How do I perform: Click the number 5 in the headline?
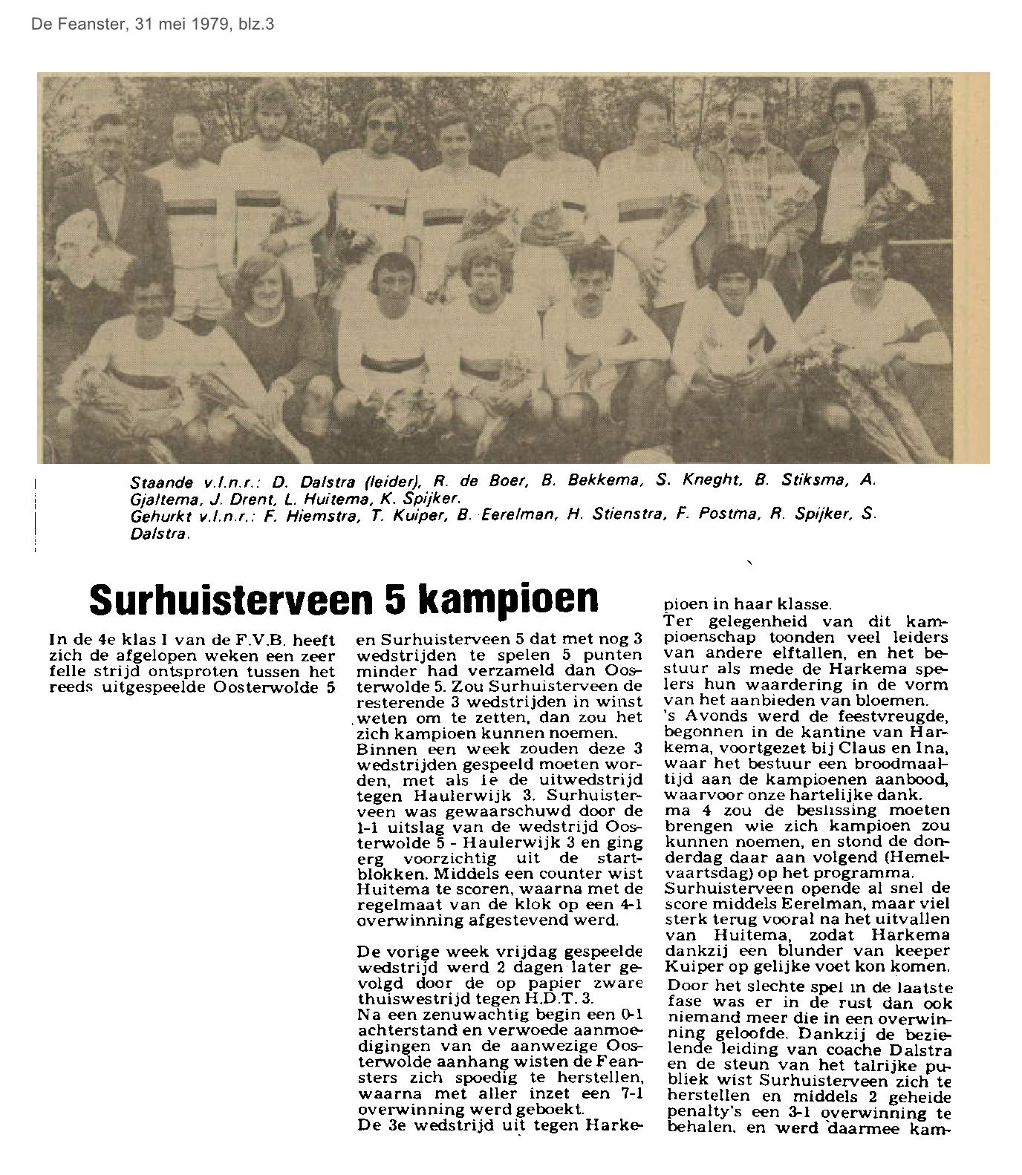tap(391, 598)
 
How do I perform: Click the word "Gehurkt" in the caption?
tap(155, 516)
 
